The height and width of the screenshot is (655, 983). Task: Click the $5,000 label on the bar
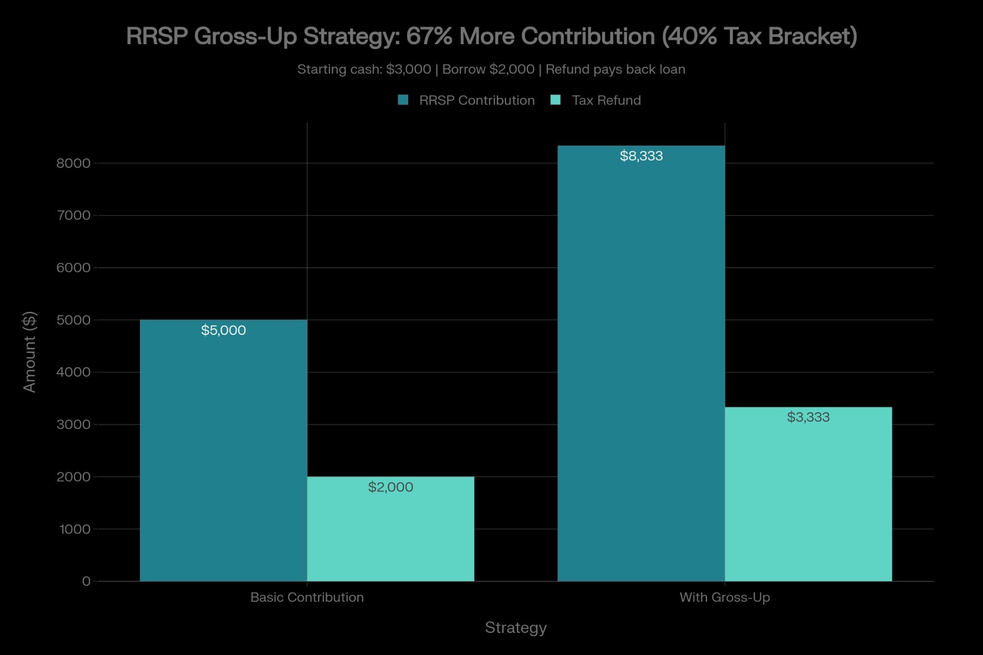point(223,330)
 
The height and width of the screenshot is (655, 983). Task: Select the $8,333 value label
point(641,156)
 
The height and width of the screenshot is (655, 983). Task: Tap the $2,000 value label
point(390,487)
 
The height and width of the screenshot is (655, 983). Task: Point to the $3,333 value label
point(808,417)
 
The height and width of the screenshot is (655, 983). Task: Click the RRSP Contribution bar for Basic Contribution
point(223,456)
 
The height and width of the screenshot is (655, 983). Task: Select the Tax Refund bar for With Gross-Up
point(808,504)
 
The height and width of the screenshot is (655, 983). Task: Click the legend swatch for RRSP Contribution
point(403,100)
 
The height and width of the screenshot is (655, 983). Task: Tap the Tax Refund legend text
point(606,100)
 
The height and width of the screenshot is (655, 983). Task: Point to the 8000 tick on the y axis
point(73,164)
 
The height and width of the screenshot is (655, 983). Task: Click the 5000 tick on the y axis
point(73,320)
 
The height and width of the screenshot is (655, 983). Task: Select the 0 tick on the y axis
point(86,582)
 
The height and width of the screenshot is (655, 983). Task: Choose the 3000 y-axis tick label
point(73,425)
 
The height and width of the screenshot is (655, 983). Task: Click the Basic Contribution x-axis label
point(307,597)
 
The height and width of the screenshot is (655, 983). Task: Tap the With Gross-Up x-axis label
point(725,597)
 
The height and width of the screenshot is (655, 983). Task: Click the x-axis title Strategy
point(515,628)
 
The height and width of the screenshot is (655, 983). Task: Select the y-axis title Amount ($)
point(30,352)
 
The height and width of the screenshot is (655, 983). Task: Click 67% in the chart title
point(429,36)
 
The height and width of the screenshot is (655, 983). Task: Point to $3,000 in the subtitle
point(408,70)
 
